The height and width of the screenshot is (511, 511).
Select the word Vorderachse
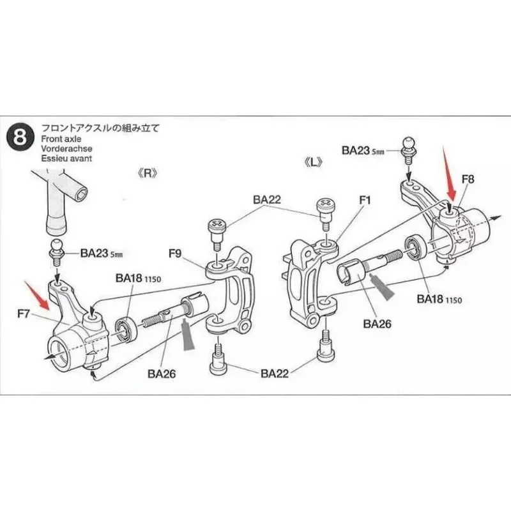tap(64, 148)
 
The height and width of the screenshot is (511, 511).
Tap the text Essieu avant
tap(66, 159)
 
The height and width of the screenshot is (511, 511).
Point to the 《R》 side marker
tap(147, 173)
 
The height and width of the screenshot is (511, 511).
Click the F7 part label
tap(24, 314)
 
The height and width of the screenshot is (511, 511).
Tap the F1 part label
tap(365, 200)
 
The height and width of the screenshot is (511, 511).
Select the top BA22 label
tap(266, 199)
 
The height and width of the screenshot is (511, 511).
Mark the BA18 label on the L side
tap(439, 299)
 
